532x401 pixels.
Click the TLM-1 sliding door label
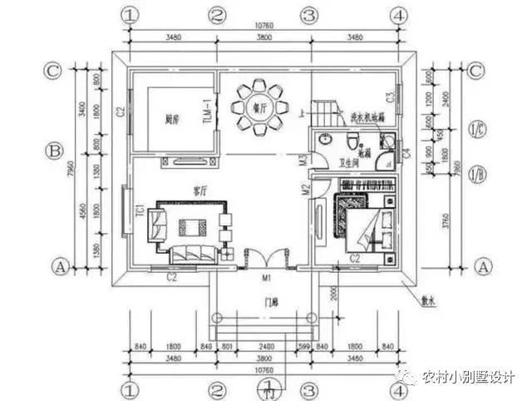[209, 111]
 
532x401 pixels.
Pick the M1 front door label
[266, 277]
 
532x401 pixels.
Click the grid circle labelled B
[54, 151]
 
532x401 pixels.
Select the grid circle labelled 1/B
[477, 175]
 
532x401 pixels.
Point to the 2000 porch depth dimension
[332, 294]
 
